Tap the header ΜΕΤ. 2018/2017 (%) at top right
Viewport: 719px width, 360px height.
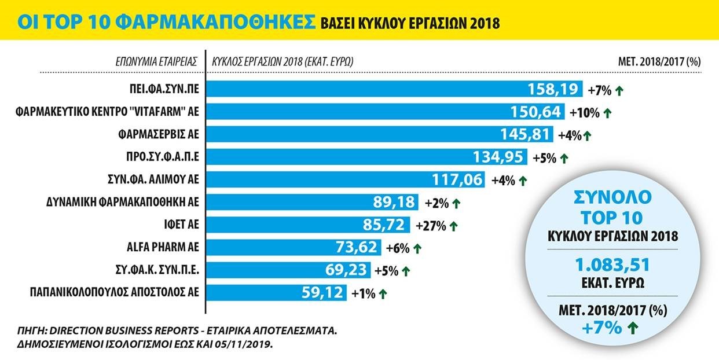(659, 61)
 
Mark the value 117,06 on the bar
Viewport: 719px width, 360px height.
(457, 180)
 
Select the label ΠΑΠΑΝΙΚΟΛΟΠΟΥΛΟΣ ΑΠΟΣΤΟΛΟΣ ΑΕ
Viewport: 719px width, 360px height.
(115, 293)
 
